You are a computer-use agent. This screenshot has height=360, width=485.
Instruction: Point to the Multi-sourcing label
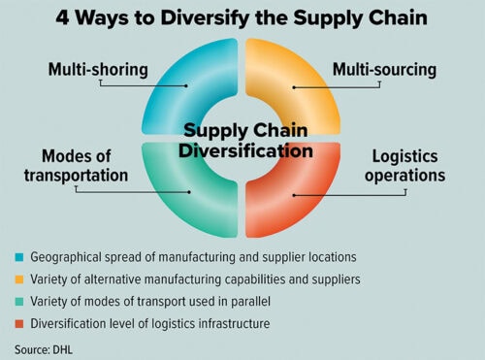coord(384,70)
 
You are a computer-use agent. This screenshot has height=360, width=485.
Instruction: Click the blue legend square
coord(18,258)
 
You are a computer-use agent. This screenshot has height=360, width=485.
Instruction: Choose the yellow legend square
coord(18,278)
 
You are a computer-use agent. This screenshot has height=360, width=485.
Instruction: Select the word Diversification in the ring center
coord(242,152)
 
